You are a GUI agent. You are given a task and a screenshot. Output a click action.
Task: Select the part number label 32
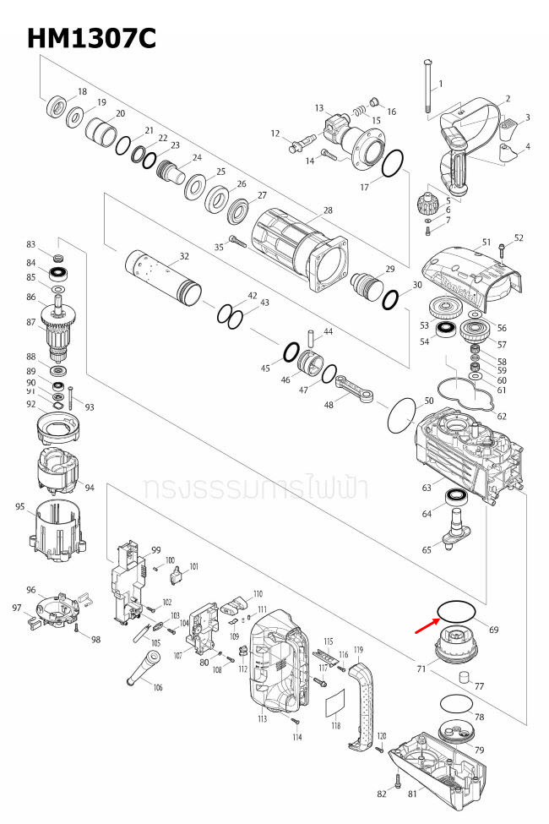click(184, 256)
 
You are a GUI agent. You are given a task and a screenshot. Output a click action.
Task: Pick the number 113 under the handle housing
click(263, 719)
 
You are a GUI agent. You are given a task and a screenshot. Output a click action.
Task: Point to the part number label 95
click(20, 506)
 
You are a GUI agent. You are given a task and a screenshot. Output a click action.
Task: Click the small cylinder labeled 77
click(463, 676)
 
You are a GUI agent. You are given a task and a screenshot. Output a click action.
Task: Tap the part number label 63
click(427, 488)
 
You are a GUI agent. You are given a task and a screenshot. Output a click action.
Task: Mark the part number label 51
click(486, 243)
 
